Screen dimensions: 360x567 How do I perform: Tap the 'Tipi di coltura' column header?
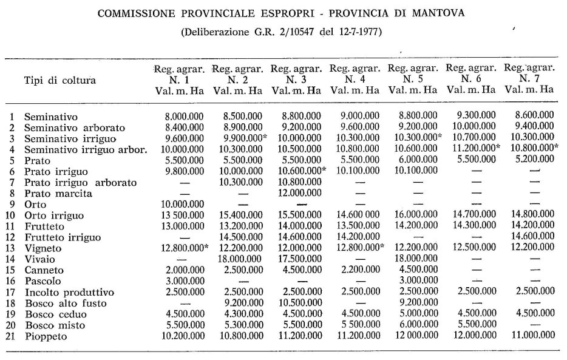pos(59,80)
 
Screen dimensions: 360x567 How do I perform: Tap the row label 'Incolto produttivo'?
pos(64,291)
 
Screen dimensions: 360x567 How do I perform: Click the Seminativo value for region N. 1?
pos(180,115)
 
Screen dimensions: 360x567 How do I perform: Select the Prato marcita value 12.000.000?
pos(296,193)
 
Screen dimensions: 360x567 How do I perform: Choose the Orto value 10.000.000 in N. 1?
pos(180,204)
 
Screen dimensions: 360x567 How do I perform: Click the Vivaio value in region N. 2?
pos(239,259)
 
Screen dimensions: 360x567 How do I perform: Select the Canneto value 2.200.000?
pos(356,270)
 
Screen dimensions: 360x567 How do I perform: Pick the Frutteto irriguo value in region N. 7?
pos(529,237)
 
